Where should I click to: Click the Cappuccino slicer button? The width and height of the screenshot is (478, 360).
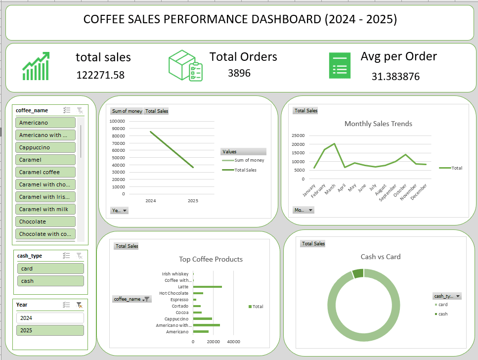pyautogui.click(x=45, y=147)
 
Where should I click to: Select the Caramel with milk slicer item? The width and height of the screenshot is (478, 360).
pyautogui.click(x=45, y=209)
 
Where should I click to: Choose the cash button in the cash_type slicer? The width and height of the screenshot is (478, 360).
pyautogui.click(x=50, y=281)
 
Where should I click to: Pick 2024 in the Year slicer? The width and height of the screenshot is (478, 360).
pyautogui.click(x=50, y=318)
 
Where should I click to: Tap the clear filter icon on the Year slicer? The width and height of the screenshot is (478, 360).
pyautogui.click(x=79, y=305)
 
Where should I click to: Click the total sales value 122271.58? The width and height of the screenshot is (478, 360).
pyautogui.click(x=100, y=75)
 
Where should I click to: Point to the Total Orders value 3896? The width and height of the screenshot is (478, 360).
pyautogui.click(x=239, y=73)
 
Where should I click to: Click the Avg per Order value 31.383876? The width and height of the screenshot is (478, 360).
pyautogui.click(x=395, y=77)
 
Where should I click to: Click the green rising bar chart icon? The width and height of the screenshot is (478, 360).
pyautogui.click(x=36, y=66)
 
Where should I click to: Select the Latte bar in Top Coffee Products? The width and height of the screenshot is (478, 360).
pyautogui.click(x=207, y=287)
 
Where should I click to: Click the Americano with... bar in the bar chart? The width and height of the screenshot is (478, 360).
pyautogui.click(x=207, y=325)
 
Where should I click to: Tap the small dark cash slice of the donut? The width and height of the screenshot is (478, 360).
pyautogui.click(x=358, y=273)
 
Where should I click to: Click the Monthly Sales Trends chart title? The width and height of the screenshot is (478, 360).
pyautogui.click(x=378, y=124)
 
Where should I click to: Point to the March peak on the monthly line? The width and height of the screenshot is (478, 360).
pyautogui.click(x=335, y=144)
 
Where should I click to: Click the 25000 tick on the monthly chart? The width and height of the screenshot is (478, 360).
pyautogui.click(x=298, y=135)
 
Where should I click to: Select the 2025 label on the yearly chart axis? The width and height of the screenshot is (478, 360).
pyautogui.click(x=193, y=201)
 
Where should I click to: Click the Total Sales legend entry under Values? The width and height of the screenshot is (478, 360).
pyautogui.click(x=239, y=170)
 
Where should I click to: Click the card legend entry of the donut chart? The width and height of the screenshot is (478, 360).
pyautogui.click(x=441, y=305)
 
